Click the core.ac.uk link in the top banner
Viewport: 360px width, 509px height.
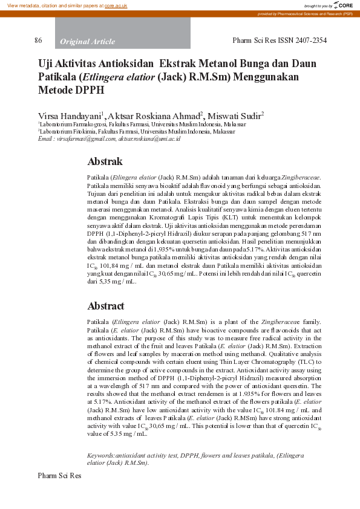click(x=116, y=5)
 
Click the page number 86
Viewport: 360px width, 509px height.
click(x=38, y=41)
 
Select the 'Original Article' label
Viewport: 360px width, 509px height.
click(x=87, y=41)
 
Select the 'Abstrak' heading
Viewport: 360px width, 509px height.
click(x=105, y=161)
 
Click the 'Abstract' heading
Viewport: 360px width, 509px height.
click(x=106, y=306)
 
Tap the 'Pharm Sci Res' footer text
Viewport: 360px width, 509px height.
click(x=59, y=476)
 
